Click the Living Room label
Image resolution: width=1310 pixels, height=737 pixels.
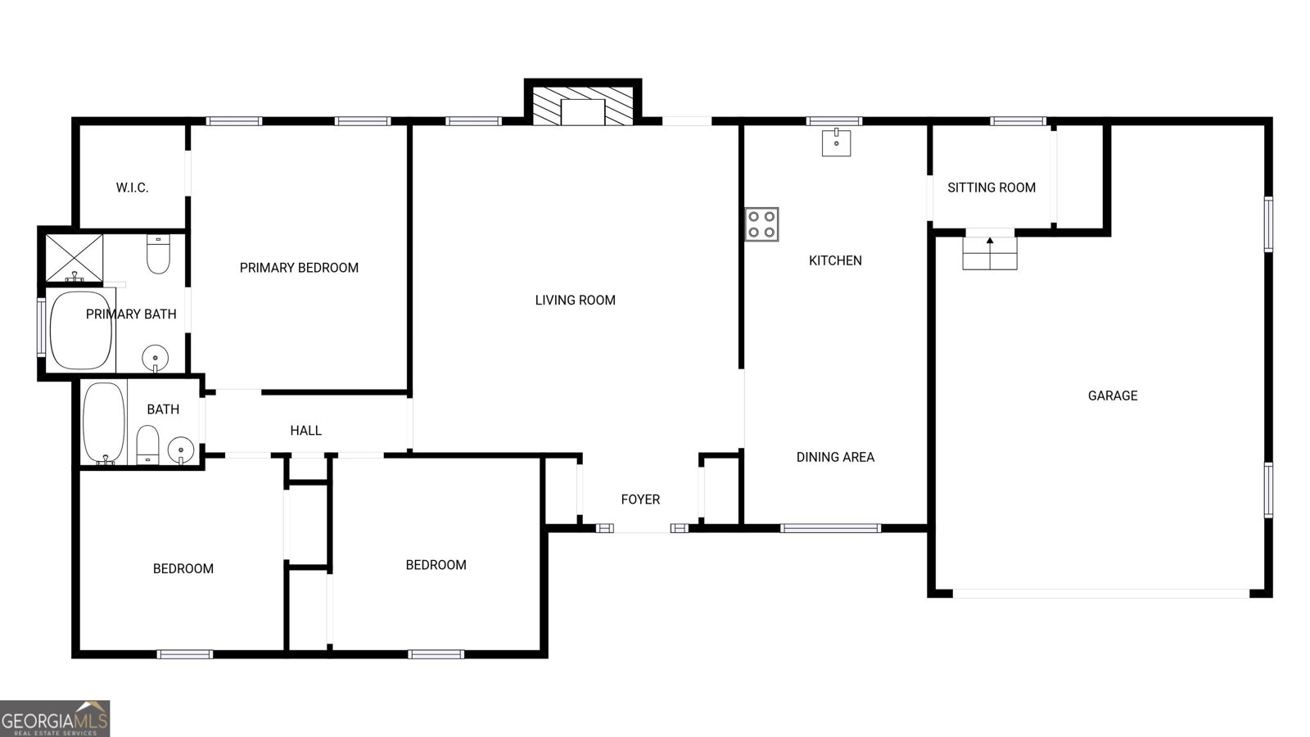[575, 301]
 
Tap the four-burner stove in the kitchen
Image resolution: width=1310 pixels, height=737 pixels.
[761, 224]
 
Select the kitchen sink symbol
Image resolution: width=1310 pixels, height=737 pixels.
[836, 142]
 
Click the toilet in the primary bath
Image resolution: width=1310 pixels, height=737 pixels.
[158, 255]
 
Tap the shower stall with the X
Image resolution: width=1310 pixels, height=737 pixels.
[74, 258]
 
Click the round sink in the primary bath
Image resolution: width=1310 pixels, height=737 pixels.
[155, 358]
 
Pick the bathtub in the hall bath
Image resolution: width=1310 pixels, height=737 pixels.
[104, 423]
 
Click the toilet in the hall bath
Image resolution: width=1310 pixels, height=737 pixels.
[147, 445]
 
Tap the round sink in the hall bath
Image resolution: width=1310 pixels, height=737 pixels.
[181, 449]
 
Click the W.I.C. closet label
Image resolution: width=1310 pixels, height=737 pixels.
[132, 188]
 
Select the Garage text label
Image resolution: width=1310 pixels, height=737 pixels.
[1112, 396]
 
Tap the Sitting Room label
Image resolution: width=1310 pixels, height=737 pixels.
[992, 188]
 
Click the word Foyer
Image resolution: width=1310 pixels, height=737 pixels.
[640, 500]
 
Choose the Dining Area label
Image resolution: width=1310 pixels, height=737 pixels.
[835, 458]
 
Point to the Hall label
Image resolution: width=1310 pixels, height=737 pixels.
[305, 431]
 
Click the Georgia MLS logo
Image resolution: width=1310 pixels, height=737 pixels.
[55, 719]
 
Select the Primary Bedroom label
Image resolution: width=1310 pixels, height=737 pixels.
[299, 268]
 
